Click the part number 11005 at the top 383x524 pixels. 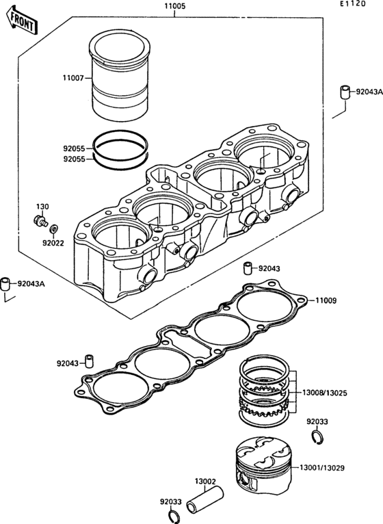[174, 6]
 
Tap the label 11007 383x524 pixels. [73, 78]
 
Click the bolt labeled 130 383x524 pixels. [40, 220]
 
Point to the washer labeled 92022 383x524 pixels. [53, 229]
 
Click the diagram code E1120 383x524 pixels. [353, 4]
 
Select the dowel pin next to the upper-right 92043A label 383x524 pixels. [345, 92]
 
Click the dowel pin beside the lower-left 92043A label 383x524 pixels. [5, 284]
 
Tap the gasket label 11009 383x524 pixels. [326, 300]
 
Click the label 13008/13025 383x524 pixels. [324, 393]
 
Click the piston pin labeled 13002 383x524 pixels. [205, 500]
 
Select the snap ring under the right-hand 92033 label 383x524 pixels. [317, 437]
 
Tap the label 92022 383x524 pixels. [53, 243]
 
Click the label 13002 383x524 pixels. [205, 482]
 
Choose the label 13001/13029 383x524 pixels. [322, 468]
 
